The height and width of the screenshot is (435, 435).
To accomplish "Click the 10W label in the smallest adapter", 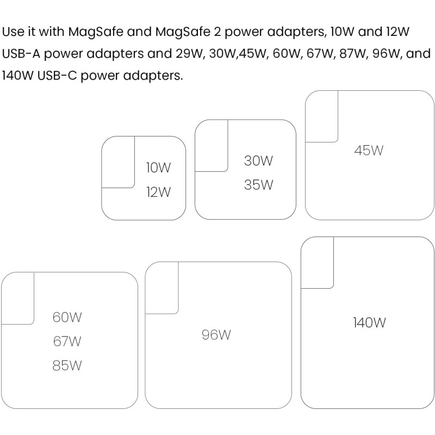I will point(158,168).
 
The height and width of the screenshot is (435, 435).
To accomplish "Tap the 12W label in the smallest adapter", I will point(158,192).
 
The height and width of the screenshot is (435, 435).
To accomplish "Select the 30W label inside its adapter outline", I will point(258,161).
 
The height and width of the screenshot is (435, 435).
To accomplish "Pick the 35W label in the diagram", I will point(258,185).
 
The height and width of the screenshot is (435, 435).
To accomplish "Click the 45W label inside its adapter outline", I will point(369,151).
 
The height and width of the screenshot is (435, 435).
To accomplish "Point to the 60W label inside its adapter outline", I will point(67,317).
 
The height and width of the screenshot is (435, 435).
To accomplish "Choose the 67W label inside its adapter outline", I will point(67,341).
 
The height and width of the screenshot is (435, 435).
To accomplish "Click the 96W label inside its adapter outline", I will point(216,335).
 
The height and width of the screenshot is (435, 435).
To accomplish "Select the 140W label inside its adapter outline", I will point(369,322).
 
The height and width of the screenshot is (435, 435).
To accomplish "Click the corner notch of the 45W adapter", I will point(322,116).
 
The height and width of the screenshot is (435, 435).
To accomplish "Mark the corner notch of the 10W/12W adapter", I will point(118,162).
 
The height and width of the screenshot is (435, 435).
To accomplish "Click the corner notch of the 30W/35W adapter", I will point(211,146).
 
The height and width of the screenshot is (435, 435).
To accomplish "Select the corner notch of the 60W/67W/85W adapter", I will point(18,298).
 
